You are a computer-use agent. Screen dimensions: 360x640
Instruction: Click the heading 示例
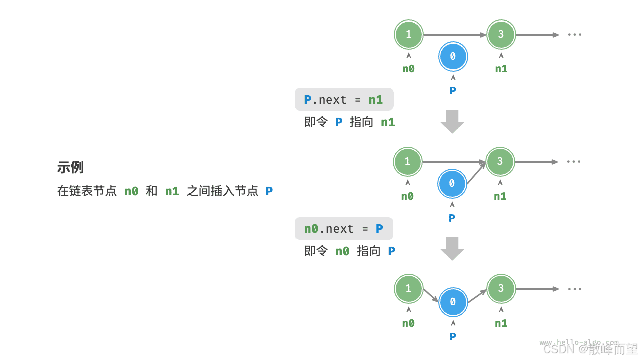click(x=70, y=167)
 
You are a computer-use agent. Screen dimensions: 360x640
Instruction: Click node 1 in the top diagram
click(x=409, y=34)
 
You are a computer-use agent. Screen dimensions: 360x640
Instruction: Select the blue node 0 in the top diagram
click(x=453, y=57)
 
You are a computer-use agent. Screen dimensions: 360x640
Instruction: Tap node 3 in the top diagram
click(x=501, y=34)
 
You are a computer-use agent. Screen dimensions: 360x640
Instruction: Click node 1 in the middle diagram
click(x=408, y=161)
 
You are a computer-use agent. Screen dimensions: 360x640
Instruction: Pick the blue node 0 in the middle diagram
click(x=452, y=184)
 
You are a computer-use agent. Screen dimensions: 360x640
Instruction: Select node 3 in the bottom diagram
click(x=501, y=288)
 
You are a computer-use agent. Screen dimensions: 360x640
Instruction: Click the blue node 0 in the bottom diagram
click(x=453, y=302)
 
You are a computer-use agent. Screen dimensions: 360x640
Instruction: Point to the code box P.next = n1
click(x=344, y=99)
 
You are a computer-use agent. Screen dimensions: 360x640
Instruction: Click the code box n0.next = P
click(x=344, y=228)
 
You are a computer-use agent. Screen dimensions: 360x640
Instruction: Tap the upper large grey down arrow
click(x=452, y=121)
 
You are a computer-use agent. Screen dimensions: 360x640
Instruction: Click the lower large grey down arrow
click(x=452, y=248)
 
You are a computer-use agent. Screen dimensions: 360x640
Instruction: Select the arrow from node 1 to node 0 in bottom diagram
click(x=431, y=295)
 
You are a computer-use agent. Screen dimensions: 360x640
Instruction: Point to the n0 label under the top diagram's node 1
click(x=408, y=69)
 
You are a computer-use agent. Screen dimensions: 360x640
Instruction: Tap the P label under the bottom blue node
click(x=453, y=336)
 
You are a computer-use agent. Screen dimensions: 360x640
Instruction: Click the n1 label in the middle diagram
click(x=500, y=196)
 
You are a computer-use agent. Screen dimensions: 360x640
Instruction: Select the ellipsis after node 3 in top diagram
click(x=575, y=35)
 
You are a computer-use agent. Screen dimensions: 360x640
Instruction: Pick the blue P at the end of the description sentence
click(x=269, y=191)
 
